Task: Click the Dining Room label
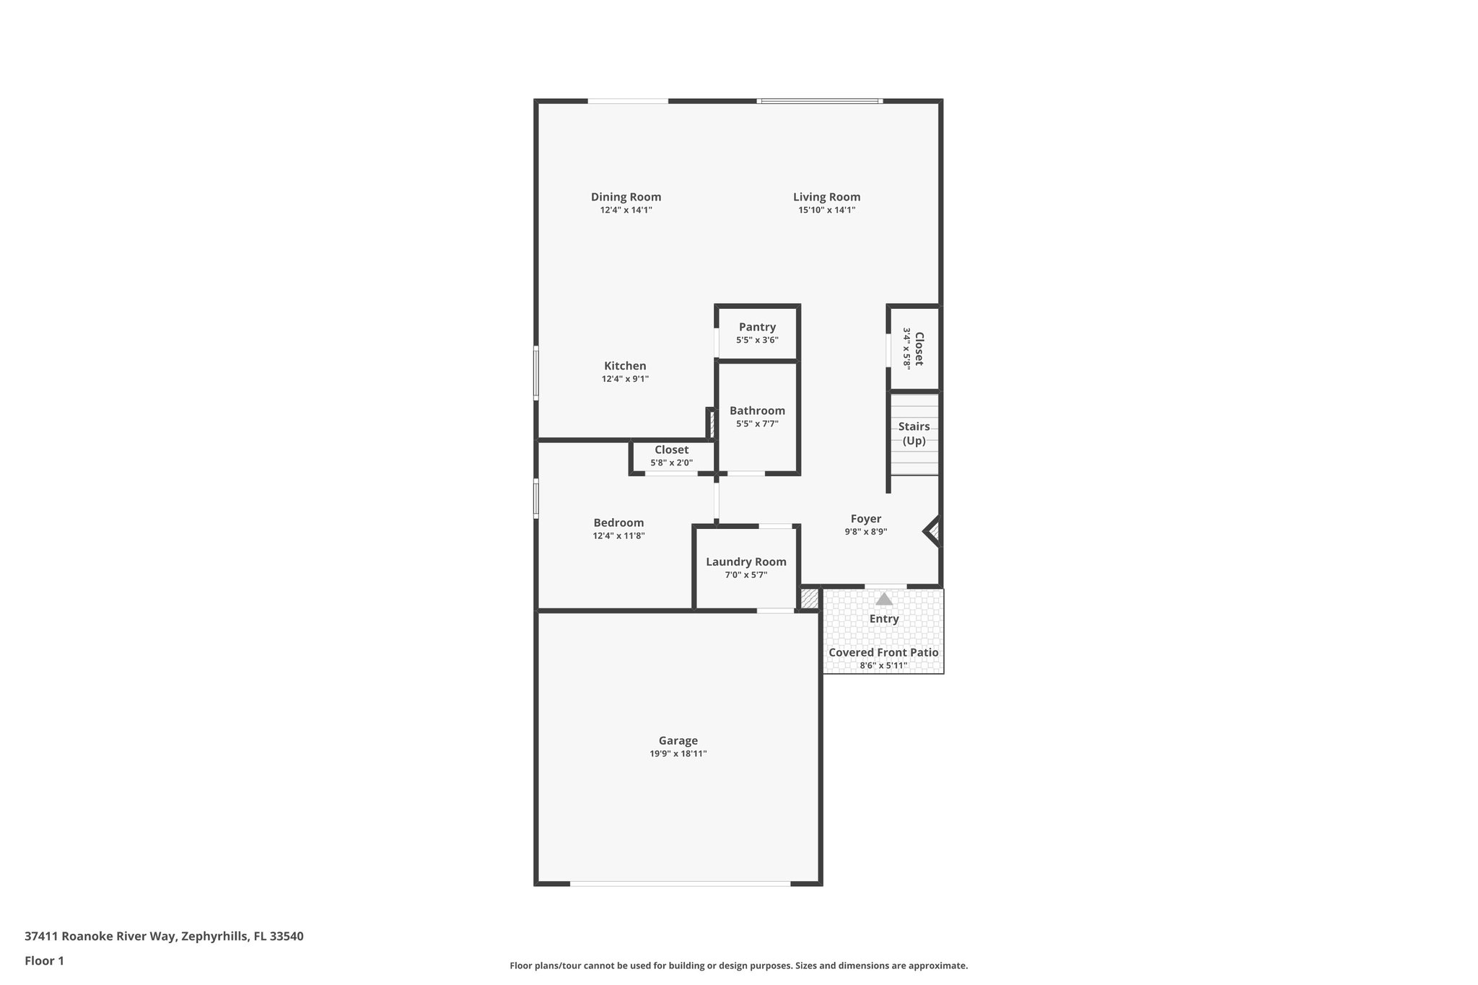(626, 197)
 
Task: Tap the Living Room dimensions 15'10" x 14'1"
(826, 210)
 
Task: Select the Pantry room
(757, 333)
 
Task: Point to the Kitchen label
(625, 366)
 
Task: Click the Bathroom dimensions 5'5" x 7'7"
(757, 424)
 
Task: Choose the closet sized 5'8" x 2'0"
(671, 456)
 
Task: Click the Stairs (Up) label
(914, 434)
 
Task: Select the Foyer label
(865, 519)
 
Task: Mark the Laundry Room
(746, 567)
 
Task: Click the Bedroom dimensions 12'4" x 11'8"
(618, 536)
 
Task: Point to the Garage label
(678, 740)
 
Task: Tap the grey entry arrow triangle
(884, 599)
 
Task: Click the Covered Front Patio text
(883, 652)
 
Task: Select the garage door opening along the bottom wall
(680, 883)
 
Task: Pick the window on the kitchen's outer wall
(536, 372)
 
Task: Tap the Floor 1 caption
(45, 960)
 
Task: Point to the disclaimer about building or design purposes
(738, 966)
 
